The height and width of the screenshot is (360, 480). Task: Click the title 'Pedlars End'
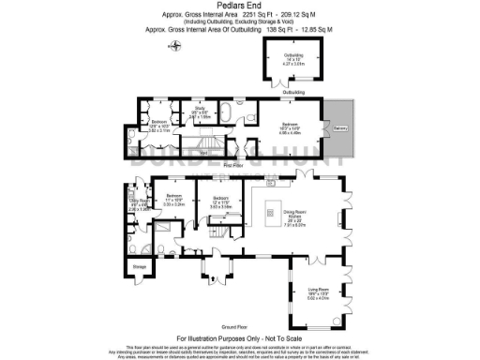click(x=240, y=6)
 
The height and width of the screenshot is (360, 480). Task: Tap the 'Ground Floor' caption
click(x=240, y=321)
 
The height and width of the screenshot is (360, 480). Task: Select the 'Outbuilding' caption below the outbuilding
click(x=294, y=93)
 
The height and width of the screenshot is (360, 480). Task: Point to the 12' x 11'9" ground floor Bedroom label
click(x=221, y=201)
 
